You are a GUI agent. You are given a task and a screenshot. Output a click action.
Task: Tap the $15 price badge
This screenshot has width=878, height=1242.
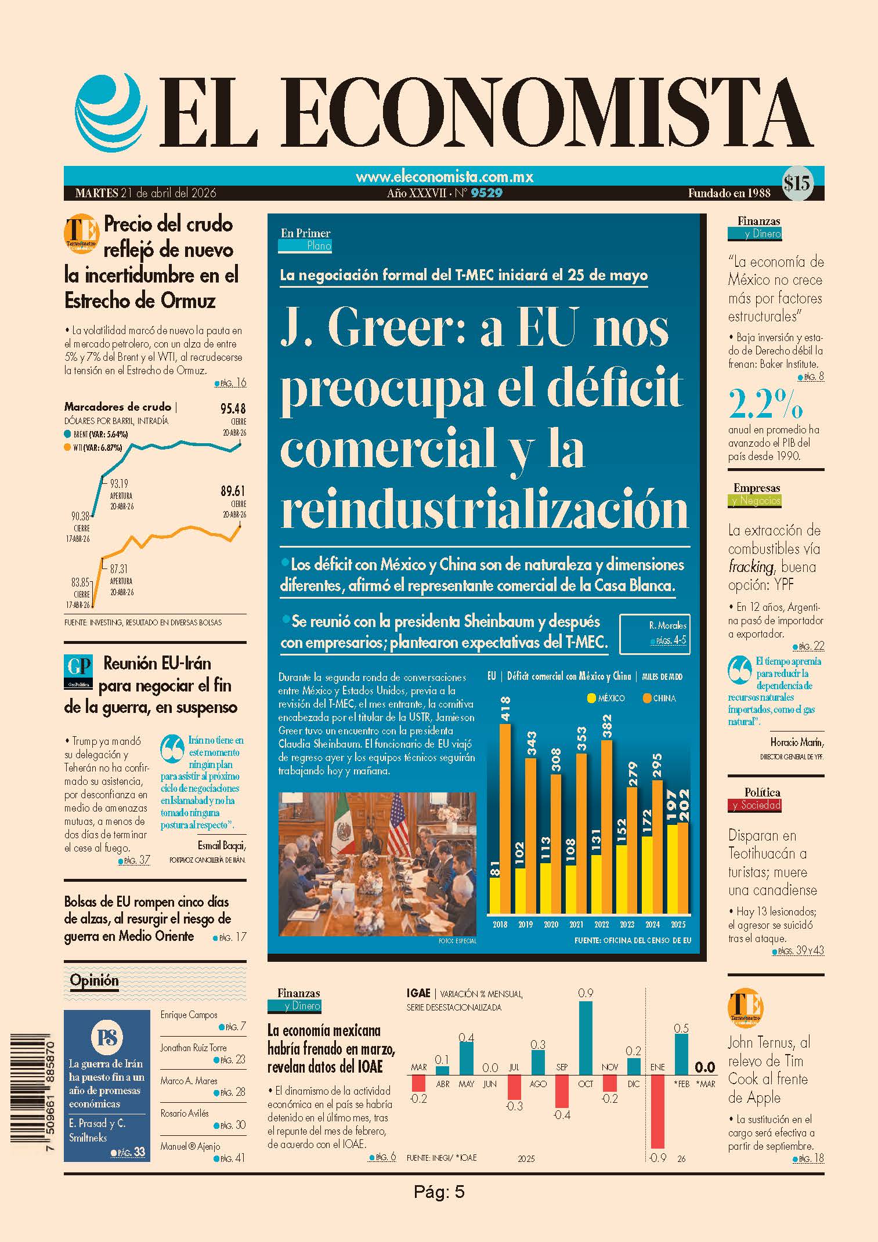tap(797, 184)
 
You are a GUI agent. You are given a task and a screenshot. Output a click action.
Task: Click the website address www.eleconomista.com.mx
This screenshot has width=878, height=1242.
tap(445, 176)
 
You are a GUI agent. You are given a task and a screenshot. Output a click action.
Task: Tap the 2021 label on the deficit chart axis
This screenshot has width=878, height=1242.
tap(576, 925)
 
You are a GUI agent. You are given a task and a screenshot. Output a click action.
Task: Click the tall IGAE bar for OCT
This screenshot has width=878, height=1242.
tap(586, 1038)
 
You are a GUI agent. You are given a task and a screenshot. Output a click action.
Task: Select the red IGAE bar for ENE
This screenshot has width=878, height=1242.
tap(657, 1111)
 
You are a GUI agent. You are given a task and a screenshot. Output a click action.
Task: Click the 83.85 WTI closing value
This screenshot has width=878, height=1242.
tap(80, 582)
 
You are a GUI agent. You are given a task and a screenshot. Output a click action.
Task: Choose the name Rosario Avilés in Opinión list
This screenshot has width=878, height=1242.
tap(185, 1113)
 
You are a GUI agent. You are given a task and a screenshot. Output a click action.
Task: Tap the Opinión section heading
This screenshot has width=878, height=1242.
tap(94, 980)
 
